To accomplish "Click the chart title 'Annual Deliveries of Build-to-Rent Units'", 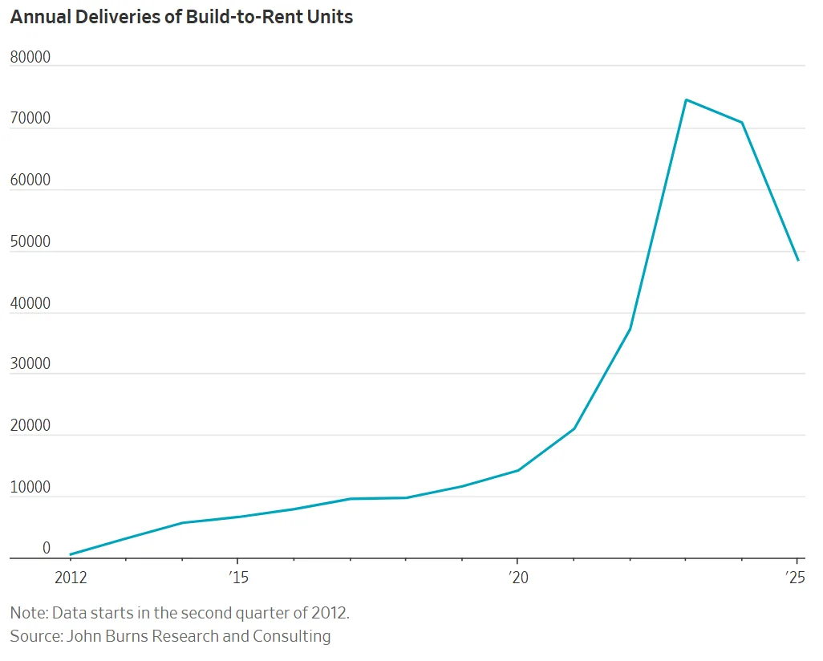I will click(x=181, y=17).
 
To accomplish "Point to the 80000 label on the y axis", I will click(x=30, y=57).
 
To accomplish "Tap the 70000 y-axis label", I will click(x=30, y=119).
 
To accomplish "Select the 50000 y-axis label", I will click(x=30, y=242).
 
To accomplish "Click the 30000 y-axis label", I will click(x=30, y=364).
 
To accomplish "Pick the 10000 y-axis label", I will click(x=30, y=488).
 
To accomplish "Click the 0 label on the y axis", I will click(x=47, y=549).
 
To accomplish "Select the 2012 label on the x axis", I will click(x=70, y=578).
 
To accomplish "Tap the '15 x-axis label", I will click(x=237, y=578).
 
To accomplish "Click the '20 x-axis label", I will click(x=517, y=578).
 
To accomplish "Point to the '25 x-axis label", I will click(x=796, y=578).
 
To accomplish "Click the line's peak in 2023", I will click(x=686, y=99).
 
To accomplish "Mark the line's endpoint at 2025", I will click(x=798, y=260).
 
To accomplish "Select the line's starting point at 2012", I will click(x=71, y=554).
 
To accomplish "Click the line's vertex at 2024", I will click(x=742, y=123).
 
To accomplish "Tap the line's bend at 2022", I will click(x=630, y=329).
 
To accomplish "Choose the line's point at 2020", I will click(x=517, y=470).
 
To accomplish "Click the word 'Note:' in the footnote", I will click(x=28, y=613).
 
